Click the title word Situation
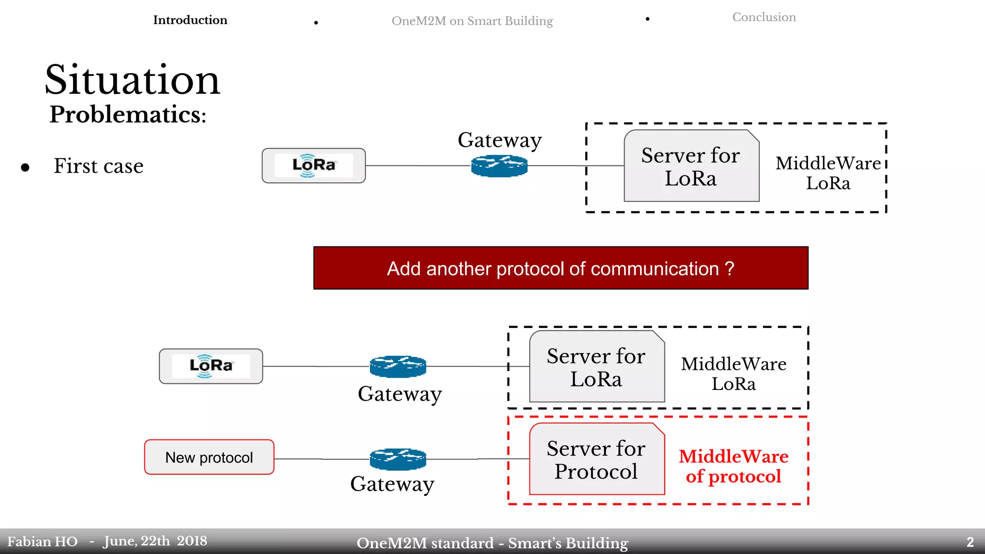132,80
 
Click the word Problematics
127,114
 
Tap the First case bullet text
99,166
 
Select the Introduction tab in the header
190,20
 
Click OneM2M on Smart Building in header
472,21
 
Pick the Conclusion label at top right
764,17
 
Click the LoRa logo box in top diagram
314,166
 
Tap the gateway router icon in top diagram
499,166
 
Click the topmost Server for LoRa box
691,166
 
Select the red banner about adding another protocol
560,268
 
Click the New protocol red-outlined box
209,457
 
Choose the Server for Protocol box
596,460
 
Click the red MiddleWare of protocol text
733,466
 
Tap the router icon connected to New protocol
398,459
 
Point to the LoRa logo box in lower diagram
211,366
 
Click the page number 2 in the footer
970,542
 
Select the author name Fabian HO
42,542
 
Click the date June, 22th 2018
155,541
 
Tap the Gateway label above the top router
499,140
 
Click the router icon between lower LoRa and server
398,366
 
